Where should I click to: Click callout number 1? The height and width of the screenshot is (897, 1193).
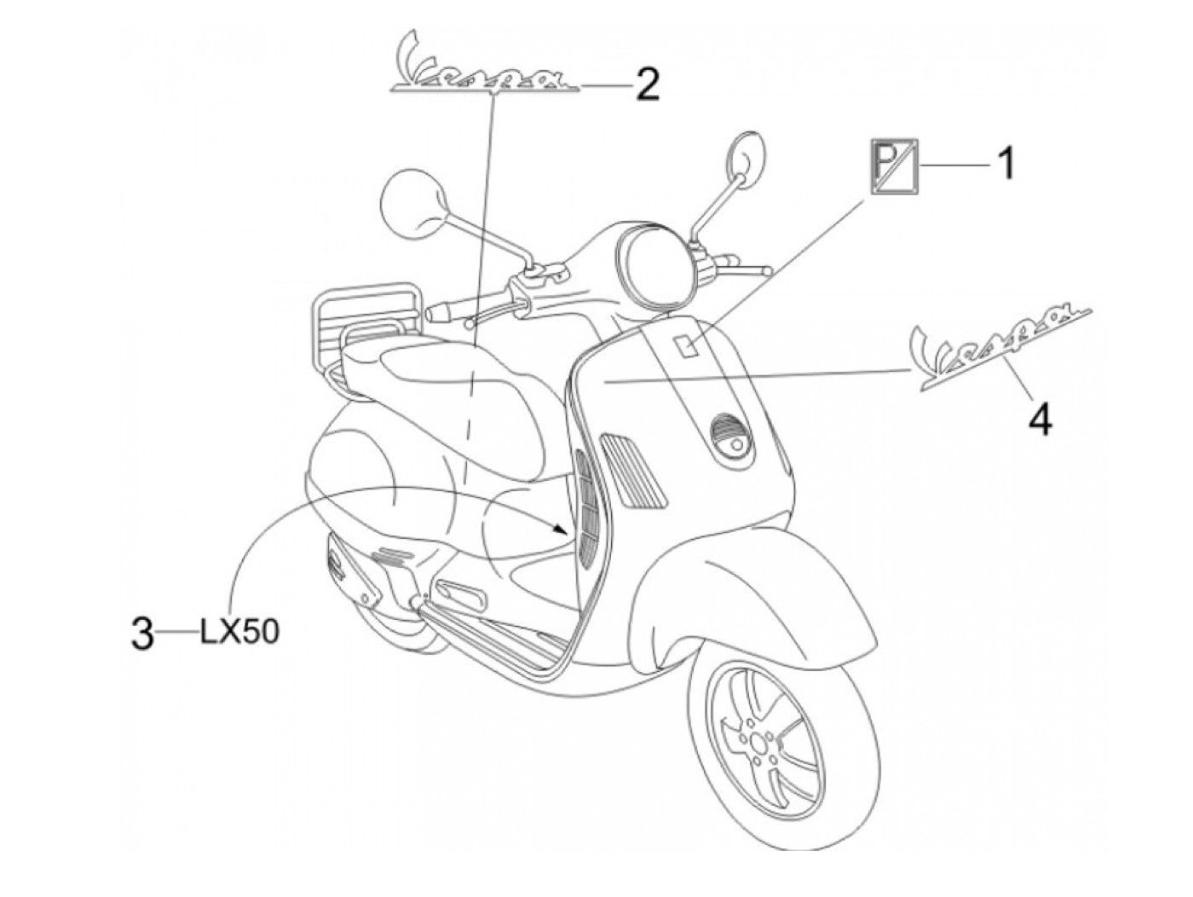pos(1006,163)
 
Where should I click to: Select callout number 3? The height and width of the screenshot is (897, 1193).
pos(144,634)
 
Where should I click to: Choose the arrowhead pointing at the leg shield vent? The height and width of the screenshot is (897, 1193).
pos(559,530)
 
